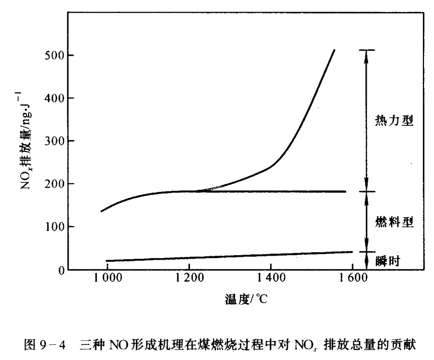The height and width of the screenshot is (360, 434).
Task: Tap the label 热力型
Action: (x=394, y=121)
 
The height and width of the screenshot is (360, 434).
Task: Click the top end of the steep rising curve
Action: (x=334, y=50)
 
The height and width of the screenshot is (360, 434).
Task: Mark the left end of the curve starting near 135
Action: (x=101, y=211)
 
